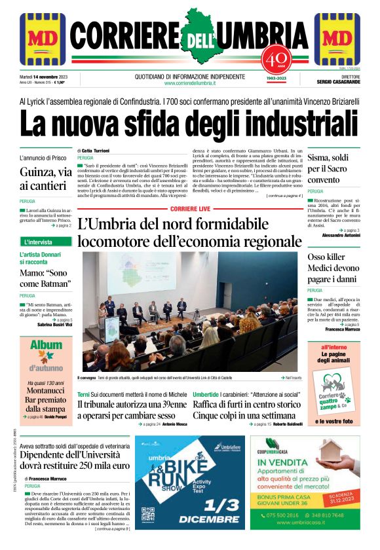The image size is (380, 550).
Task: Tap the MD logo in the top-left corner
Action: pyautogui.click(x=42, y=39)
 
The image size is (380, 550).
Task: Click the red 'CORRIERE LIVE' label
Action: pyautogui.click(x=190, y=208)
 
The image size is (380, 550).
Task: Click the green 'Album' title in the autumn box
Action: pyautogui.click(x=45, y=346)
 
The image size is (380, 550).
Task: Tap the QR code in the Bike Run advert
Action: pyautogui.click(x=147, y=514)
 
